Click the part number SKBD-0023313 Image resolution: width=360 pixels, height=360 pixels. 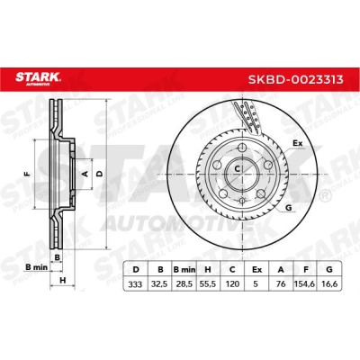[295, 80]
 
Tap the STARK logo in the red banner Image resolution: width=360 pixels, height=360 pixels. [38, 78]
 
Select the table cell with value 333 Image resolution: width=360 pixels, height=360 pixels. [135, 283]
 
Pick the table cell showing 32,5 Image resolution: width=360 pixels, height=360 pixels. [159, 283]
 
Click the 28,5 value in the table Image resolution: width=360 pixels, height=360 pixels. [184, 283]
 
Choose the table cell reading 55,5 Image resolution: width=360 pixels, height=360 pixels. [208, 283]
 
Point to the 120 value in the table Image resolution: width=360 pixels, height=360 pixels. [232, 283]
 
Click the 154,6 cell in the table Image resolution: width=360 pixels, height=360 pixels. [305, 283]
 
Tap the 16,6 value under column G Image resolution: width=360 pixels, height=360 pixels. [328, 283]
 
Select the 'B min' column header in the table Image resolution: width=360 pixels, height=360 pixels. [184, 269]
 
